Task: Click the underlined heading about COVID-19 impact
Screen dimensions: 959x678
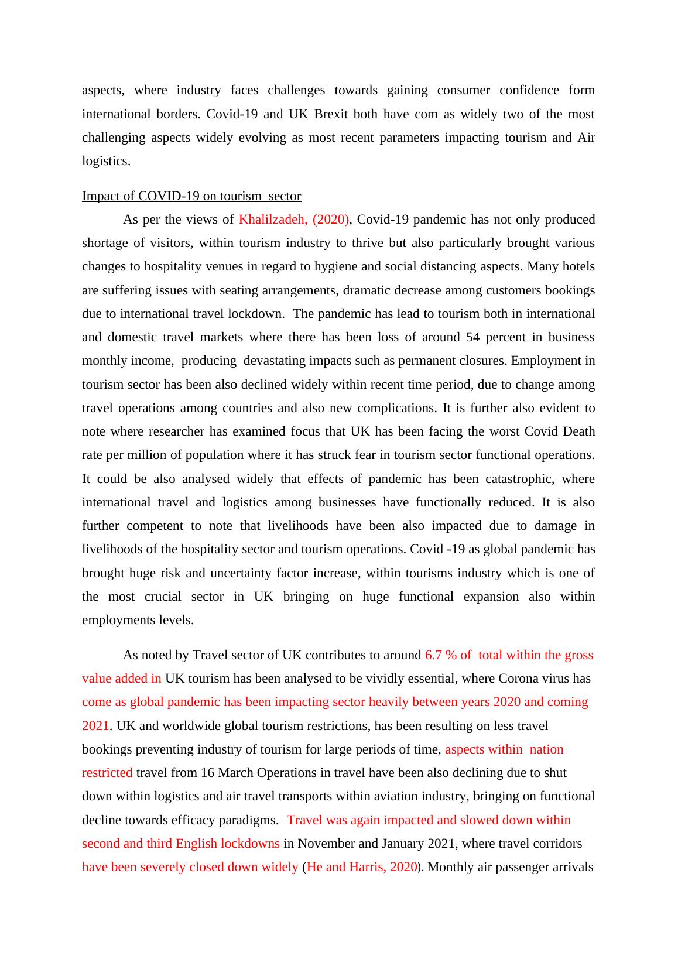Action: click(191, 196)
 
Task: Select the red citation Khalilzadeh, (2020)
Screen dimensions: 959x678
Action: click(294, 220)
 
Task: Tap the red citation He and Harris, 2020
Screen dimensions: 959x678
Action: click(361, 867)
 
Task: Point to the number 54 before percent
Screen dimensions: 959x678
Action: click(473, 337)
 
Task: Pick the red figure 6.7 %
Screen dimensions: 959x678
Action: click(442, 655)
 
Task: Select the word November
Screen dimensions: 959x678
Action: click(325, 844)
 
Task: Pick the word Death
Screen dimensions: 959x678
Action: click(578, 431)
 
